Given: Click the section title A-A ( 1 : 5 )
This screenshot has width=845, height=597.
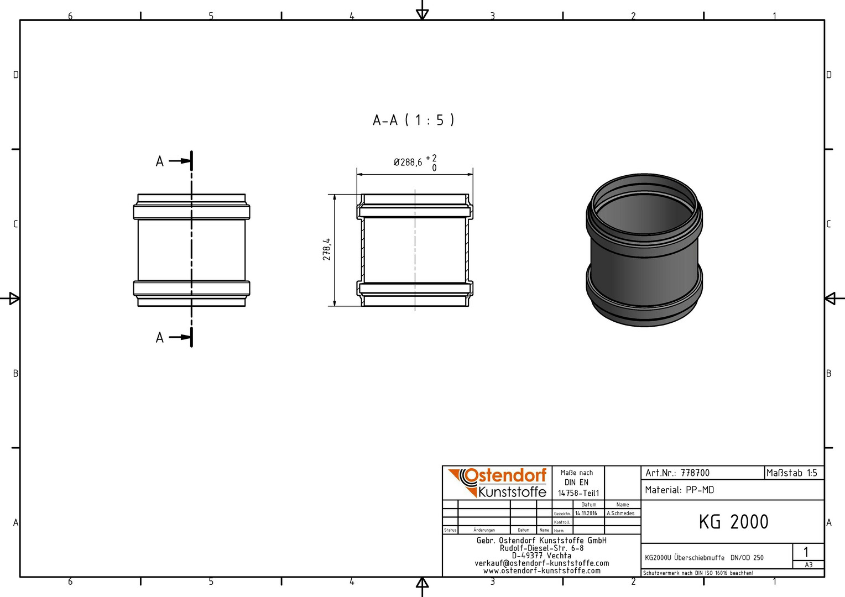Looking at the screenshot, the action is [x=414, y=121].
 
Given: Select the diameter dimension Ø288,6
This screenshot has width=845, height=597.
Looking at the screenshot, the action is [x=408, y=162].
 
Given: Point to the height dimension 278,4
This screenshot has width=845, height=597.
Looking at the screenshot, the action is [x=327, y=249].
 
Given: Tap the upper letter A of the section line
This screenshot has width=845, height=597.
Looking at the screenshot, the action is [x=160, y=161].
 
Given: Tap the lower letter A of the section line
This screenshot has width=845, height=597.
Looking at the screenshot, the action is [x=160, y=338].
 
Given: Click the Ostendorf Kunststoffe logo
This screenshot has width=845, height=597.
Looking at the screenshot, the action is [x=497, y=483].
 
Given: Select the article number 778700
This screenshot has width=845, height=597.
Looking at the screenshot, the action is [x=695, y=473].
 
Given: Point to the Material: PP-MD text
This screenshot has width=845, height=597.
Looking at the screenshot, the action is [x=680, y=490].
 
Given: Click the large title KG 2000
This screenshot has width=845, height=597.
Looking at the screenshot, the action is [x=733, y=522].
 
